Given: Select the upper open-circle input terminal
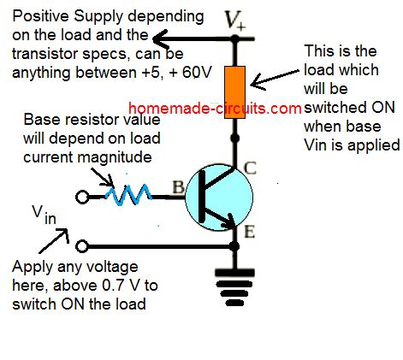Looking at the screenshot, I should [81, 196].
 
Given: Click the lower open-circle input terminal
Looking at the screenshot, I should [81, 247].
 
